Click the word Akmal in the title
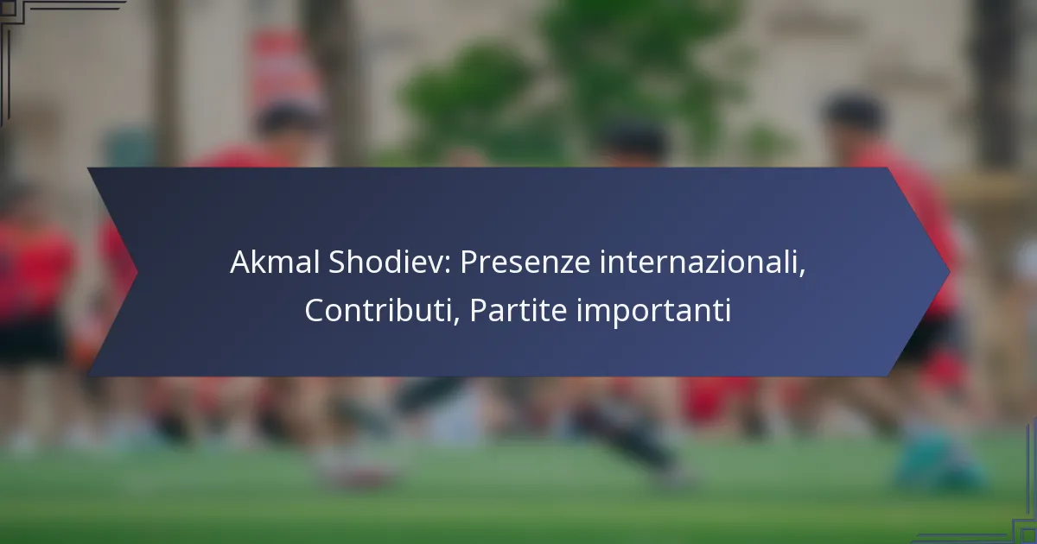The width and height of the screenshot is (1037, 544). pos(275,263)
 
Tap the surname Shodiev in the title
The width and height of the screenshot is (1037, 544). pos(386,263)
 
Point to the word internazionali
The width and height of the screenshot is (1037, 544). pos(699,263)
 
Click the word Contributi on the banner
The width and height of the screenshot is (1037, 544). pos(378,310)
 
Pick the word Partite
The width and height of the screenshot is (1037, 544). pos(518,310)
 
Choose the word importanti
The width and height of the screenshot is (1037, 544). pos(653,313)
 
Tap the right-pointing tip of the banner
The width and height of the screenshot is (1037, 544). pos(949,272)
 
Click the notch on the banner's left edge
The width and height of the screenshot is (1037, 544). pos(137,272)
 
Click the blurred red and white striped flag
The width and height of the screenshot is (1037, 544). pos(283,69)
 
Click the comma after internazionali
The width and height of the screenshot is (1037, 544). pos(802,271)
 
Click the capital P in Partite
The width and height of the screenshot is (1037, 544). pos(478,310)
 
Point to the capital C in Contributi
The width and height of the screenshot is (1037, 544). pos(315,310)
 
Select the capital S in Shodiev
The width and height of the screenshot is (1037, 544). pos(338,263)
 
